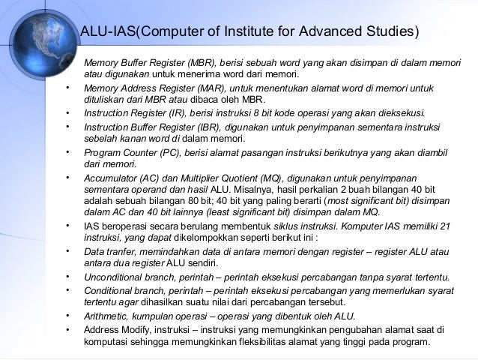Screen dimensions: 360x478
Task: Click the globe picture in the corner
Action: coord(34,34)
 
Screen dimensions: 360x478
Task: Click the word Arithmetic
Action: coord(107,316)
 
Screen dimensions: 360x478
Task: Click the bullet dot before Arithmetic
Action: coord(68,315)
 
